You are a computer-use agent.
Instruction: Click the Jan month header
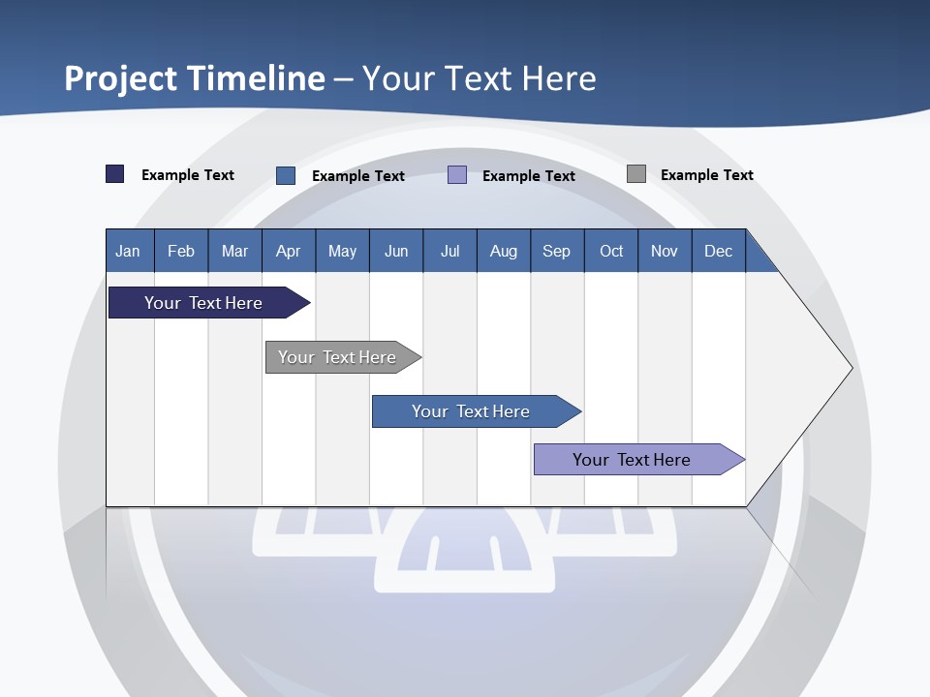pos(128,251)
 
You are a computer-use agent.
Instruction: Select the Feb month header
pos(181,251)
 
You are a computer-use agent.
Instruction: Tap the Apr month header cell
pos(289,251)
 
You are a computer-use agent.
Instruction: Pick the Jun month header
pos(396,251)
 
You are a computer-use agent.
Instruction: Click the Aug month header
pos(504,251)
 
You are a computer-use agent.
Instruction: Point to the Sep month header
pos(557,251)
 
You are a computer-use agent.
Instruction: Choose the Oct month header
pos(611,251)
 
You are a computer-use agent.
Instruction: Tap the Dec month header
pos(719,251)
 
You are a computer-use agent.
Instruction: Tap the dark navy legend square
pos(115,174)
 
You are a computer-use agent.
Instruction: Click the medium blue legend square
pos(286,175)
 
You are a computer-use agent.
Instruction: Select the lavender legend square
pos(457,175)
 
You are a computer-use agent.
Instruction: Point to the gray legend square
pos(636,174)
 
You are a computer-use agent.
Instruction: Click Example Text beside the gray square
pos(706,175)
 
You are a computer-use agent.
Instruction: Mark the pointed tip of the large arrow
pos(851,368)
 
